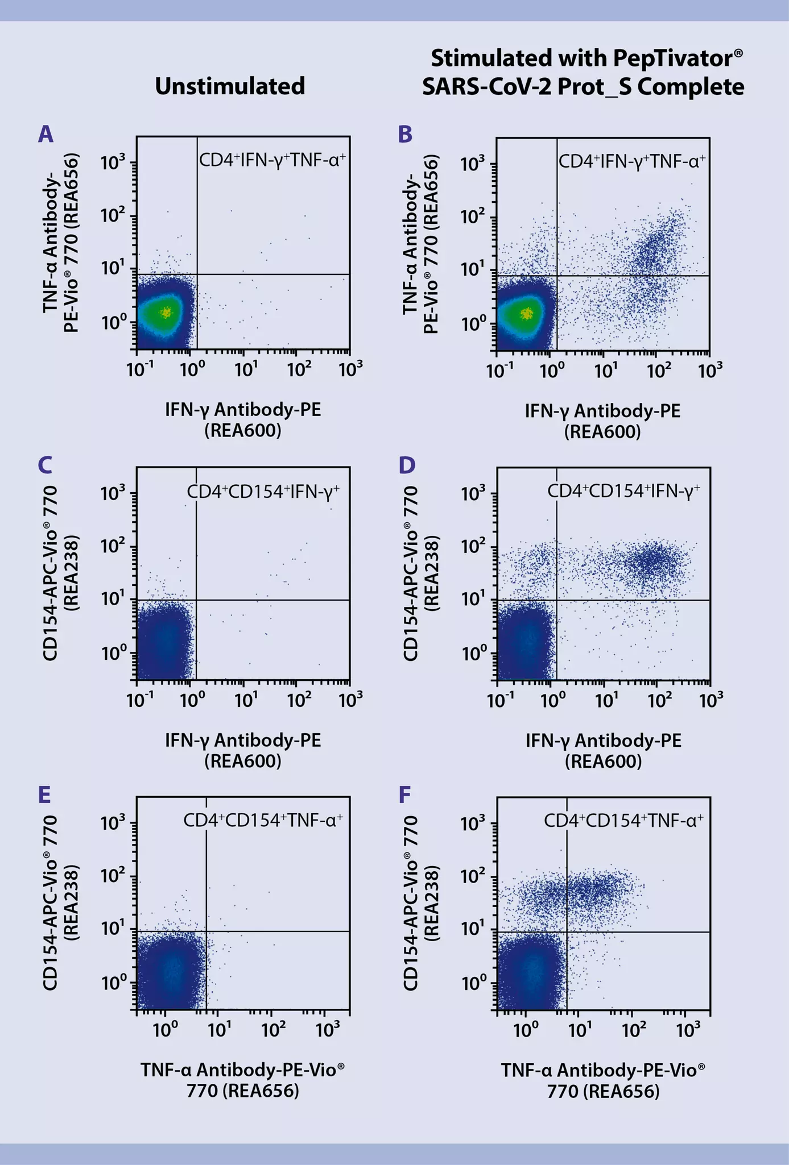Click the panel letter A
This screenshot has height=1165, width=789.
46,135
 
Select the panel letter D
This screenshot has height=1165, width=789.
407,465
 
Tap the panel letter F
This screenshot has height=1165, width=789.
404,795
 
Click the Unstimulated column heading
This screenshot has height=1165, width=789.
230,86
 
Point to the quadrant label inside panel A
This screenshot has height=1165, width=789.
272,160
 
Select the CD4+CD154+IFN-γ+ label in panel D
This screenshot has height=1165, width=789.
623,490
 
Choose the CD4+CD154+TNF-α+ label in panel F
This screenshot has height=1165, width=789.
623,820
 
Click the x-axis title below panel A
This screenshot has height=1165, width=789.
243,419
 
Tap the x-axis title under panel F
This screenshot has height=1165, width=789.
603,1080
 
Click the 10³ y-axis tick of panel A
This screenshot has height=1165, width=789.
113,163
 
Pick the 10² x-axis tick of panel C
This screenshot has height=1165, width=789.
299,701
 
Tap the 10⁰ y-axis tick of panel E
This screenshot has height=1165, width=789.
113,983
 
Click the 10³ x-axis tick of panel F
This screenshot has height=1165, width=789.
689,1030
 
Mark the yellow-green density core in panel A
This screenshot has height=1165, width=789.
166,312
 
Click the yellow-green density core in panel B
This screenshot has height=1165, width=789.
527,313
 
